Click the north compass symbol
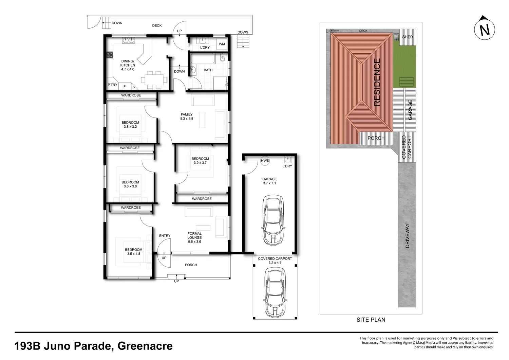[484, 29]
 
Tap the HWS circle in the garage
[265, 161]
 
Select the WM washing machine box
[222, 44]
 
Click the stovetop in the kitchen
[110, 55]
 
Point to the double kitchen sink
[129, 40]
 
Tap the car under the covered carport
[275, 293]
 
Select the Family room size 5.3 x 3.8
[187, 119]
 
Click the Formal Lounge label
[194, 235]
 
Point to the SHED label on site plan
[408, 37]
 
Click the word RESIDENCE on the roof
[377, 82]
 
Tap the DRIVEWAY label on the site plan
[407, 236]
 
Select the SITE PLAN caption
[371, 320]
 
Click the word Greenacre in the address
[145, 346]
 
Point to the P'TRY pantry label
[112, 85]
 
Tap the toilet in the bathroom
[223, 58]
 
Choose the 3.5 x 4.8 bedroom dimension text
[134, 254]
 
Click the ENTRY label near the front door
[165, 236]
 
